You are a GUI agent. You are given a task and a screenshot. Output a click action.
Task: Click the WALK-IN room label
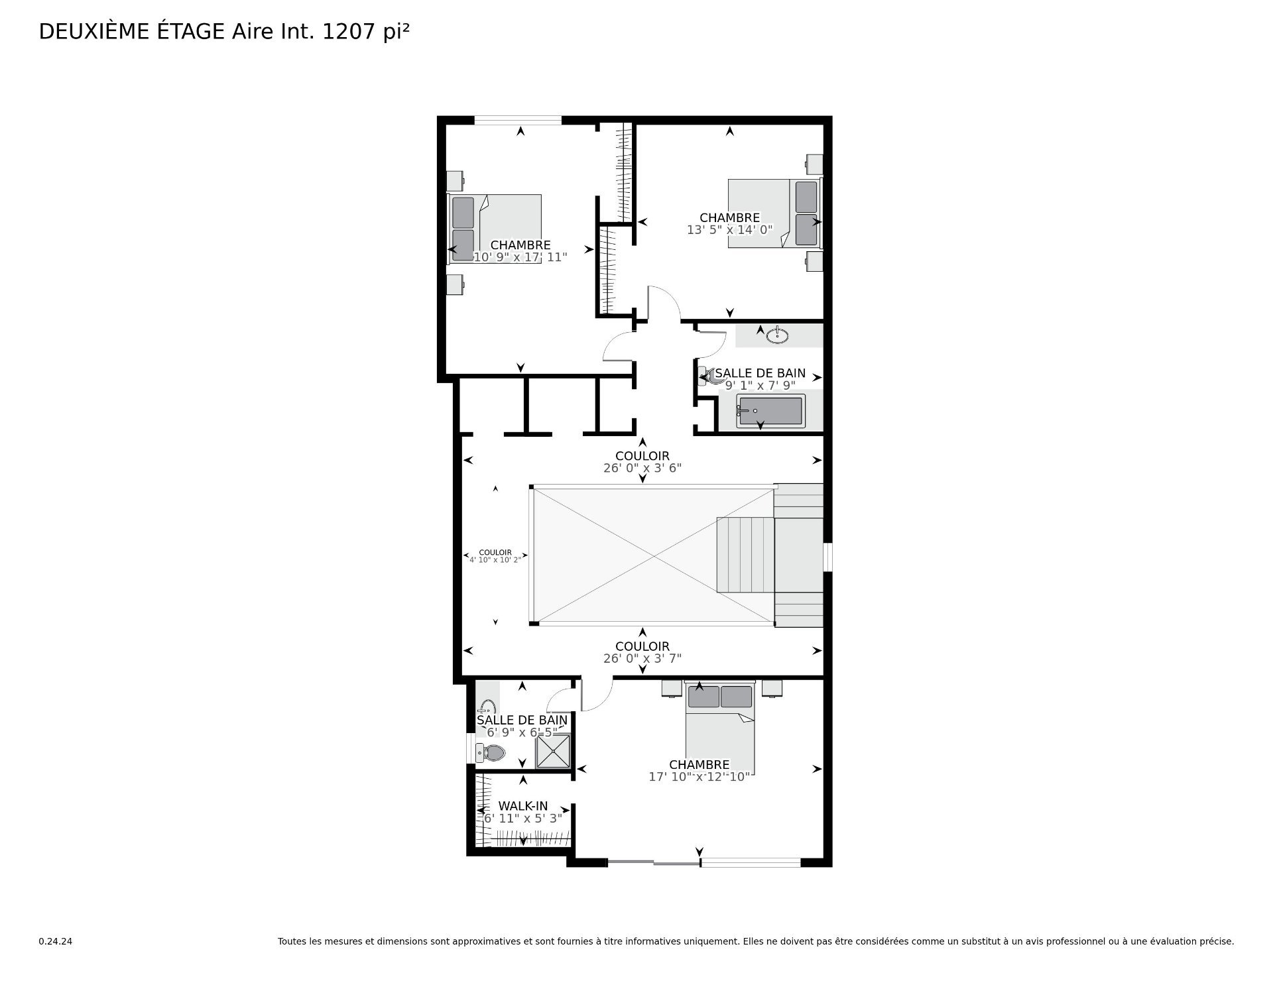(x=523, y=806)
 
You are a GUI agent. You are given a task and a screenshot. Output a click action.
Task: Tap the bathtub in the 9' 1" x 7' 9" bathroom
(x=771, y=411)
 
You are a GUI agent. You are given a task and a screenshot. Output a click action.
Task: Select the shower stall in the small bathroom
(x=553, y=751)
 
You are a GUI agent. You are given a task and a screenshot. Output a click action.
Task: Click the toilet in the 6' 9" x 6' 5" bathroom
(x=491, y=752)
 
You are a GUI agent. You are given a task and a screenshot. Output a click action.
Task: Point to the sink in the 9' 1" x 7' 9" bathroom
(x=777, y=336)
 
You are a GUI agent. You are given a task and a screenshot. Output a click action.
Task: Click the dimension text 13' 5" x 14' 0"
(x=729, y=230)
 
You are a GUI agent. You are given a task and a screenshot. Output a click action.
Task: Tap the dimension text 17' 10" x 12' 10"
(x=699, y=776)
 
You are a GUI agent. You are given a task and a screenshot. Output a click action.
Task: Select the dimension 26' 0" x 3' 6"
(x=642, y=468)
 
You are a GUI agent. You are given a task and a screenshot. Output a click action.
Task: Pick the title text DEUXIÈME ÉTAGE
(x=132, y=32)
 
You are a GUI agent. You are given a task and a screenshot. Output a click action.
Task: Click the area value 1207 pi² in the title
(x=365, y=32)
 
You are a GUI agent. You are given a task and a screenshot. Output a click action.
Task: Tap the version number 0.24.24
(x=55, y=941)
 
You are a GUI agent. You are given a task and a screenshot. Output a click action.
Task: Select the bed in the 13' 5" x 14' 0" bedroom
(x=775, y=213)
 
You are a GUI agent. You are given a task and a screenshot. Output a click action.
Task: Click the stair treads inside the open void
(x=745, y=555)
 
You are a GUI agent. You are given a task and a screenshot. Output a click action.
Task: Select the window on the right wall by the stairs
(x=827, y=557)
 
